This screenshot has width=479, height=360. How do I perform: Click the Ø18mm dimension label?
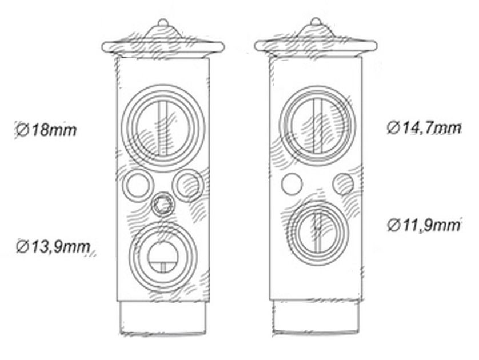(x=46, y=130)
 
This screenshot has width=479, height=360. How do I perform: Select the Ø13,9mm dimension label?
(x=54, y=247)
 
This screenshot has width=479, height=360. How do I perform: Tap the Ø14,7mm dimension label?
(x=424, y=128)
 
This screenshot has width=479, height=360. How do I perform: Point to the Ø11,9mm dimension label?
(x=424, y=225)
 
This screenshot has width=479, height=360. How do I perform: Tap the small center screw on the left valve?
(x=163, y=205)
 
